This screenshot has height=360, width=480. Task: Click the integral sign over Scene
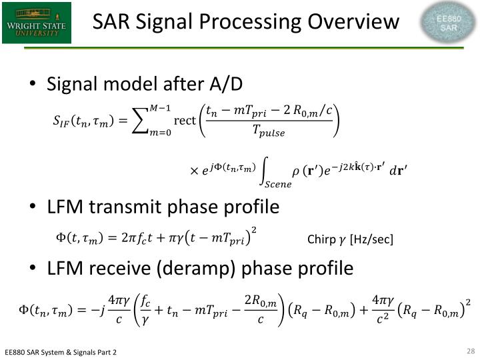tap(268, 171)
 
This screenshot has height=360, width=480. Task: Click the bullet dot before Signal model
tap(33, 85)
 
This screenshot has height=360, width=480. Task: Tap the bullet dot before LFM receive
tap(33, 269)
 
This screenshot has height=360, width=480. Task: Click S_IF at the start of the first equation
tap(61, 121)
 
